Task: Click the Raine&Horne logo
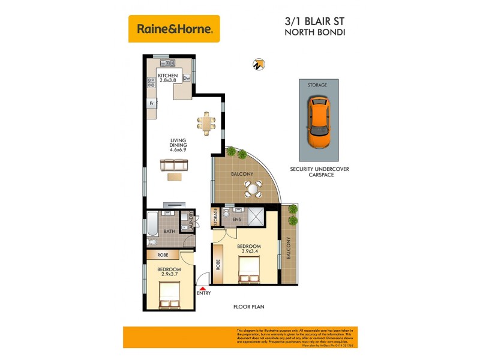point(174,28)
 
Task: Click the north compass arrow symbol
point(259,64)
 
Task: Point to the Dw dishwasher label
point(186,78)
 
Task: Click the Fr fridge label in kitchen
point(152,103)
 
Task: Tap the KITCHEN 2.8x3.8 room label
point(167,78)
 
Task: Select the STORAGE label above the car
point(317,85)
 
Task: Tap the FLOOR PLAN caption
point(248,307)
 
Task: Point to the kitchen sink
point(169,63)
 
